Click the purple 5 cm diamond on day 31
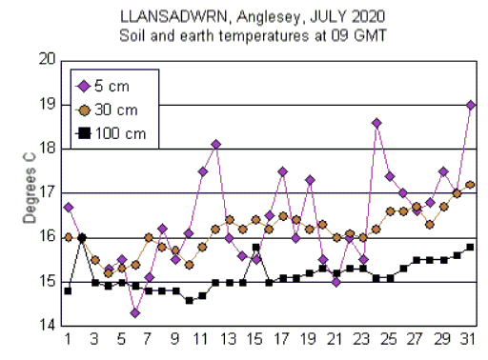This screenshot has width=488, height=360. pyautogui.click(x=471, y=105)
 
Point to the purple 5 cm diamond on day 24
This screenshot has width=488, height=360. pyautogui.click(x=376, y=123)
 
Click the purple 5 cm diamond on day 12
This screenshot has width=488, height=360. pyautogui.click(x=215, y=145)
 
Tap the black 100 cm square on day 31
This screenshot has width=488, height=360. pyautogui.click(x=470, y=248)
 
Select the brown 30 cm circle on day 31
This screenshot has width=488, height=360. pyautogui.click(x=470, y=185)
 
